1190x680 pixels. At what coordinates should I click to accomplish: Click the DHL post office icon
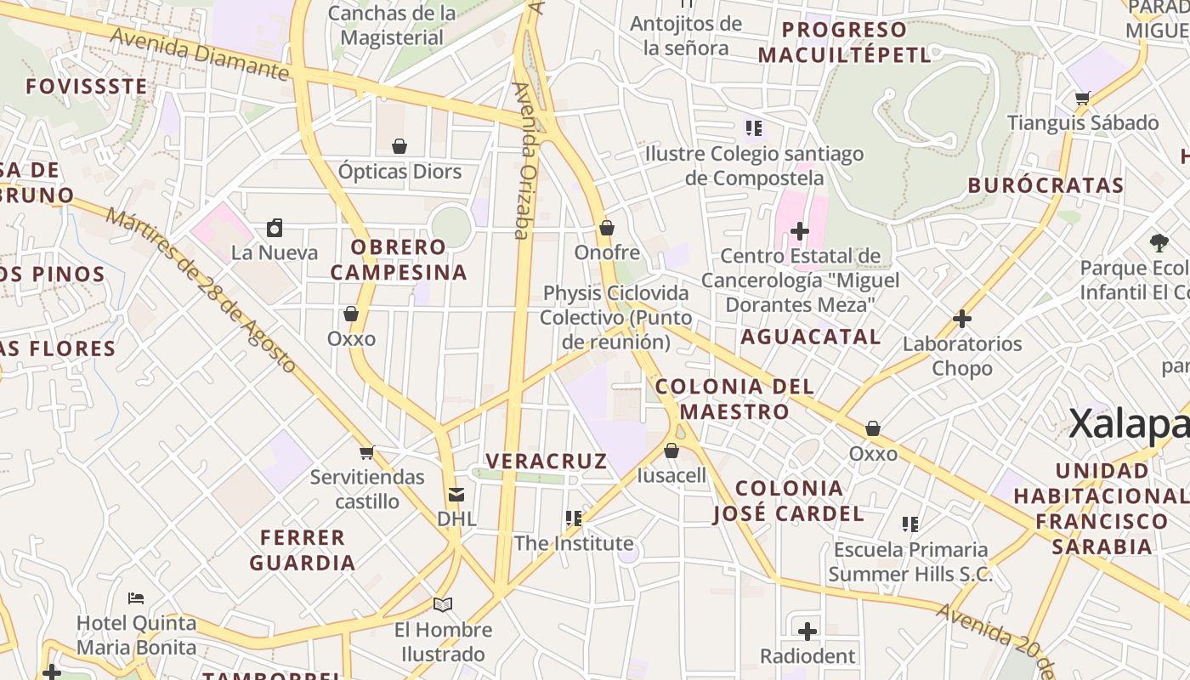click(456, 494)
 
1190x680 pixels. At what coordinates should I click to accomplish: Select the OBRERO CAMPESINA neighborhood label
click(399, 259)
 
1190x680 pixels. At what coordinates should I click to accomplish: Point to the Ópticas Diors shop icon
click(399, 146)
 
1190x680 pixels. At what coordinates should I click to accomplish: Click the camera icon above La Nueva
click(275, 228)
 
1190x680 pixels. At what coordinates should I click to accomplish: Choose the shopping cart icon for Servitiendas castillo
click(366, 452)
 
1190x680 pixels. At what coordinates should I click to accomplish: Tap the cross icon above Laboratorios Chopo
click(962, 319)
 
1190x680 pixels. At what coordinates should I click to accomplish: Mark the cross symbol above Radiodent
click(807, 632)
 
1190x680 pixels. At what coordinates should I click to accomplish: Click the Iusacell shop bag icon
click(671, 450)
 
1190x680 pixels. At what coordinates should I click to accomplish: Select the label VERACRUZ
click(547, 462)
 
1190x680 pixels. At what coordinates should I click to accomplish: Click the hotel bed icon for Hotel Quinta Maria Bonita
click(136, 598)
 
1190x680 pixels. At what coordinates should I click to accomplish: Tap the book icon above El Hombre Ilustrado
click(443, 604)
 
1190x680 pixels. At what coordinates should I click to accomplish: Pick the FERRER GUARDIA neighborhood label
click(303, 550)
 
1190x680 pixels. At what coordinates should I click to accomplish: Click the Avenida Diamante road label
click(200, 54)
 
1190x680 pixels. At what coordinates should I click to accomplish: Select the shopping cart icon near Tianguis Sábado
click(1082, 98)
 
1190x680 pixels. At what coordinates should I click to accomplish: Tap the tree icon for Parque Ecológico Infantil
click(1159, 243)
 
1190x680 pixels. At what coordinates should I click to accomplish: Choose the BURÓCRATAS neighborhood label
click(1045, 185)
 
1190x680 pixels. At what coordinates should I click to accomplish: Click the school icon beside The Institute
click(574, 518)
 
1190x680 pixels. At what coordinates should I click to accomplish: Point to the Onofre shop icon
click(607, 228)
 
